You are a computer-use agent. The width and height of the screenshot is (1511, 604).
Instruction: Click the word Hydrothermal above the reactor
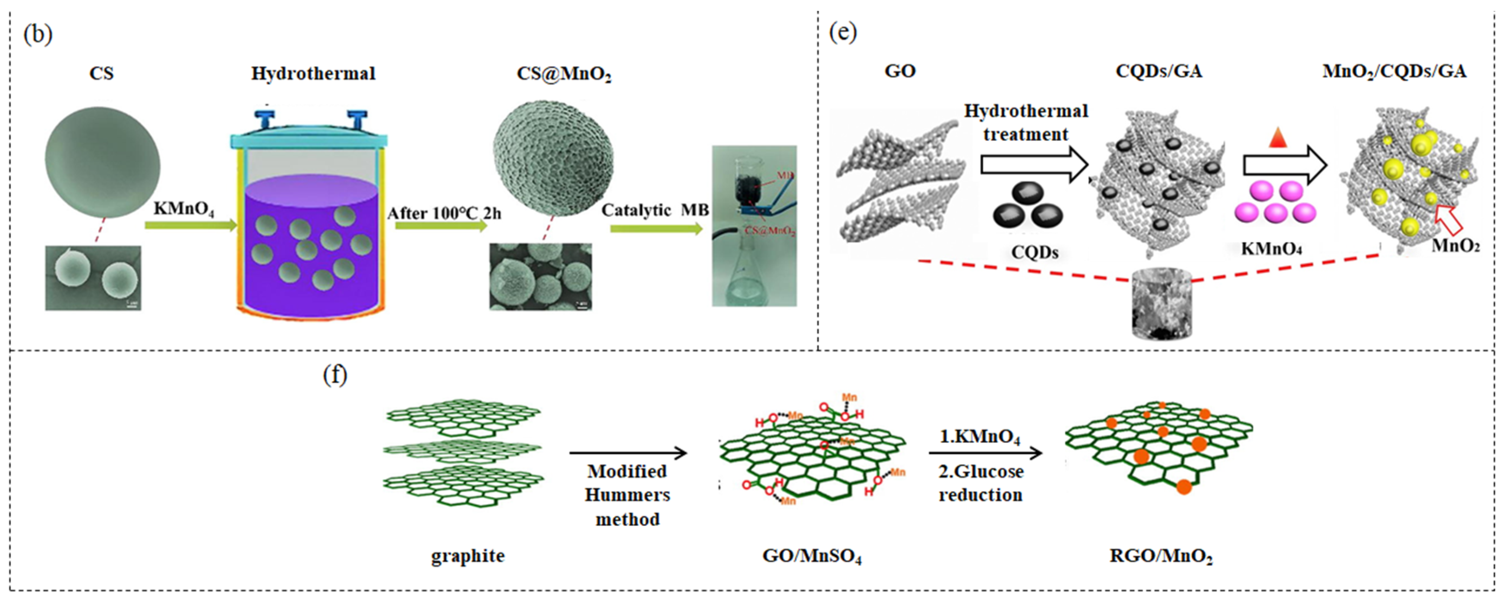(x=313, y=73)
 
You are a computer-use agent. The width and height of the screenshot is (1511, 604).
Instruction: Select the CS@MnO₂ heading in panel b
(x=564, y=75)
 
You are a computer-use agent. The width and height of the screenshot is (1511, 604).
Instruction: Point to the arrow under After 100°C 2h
(x=441, y=226)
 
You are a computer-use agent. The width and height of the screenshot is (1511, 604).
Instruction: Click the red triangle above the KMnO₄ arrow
(x=1278, y=139)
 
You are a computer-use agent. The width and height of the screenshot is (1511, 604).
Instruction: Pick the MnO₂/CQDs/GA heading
(x=1394, y=72)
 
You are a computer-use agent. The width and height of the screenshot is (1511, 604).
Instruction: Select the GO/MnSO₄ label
(x=812, y=556)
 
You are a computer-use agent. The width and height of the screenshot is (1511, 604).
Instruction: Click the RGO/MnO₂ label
(x=1161, y=556)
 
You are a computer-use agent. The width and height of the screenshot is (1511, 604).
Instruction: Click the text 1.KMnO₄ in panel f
(x=980, y=437)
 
